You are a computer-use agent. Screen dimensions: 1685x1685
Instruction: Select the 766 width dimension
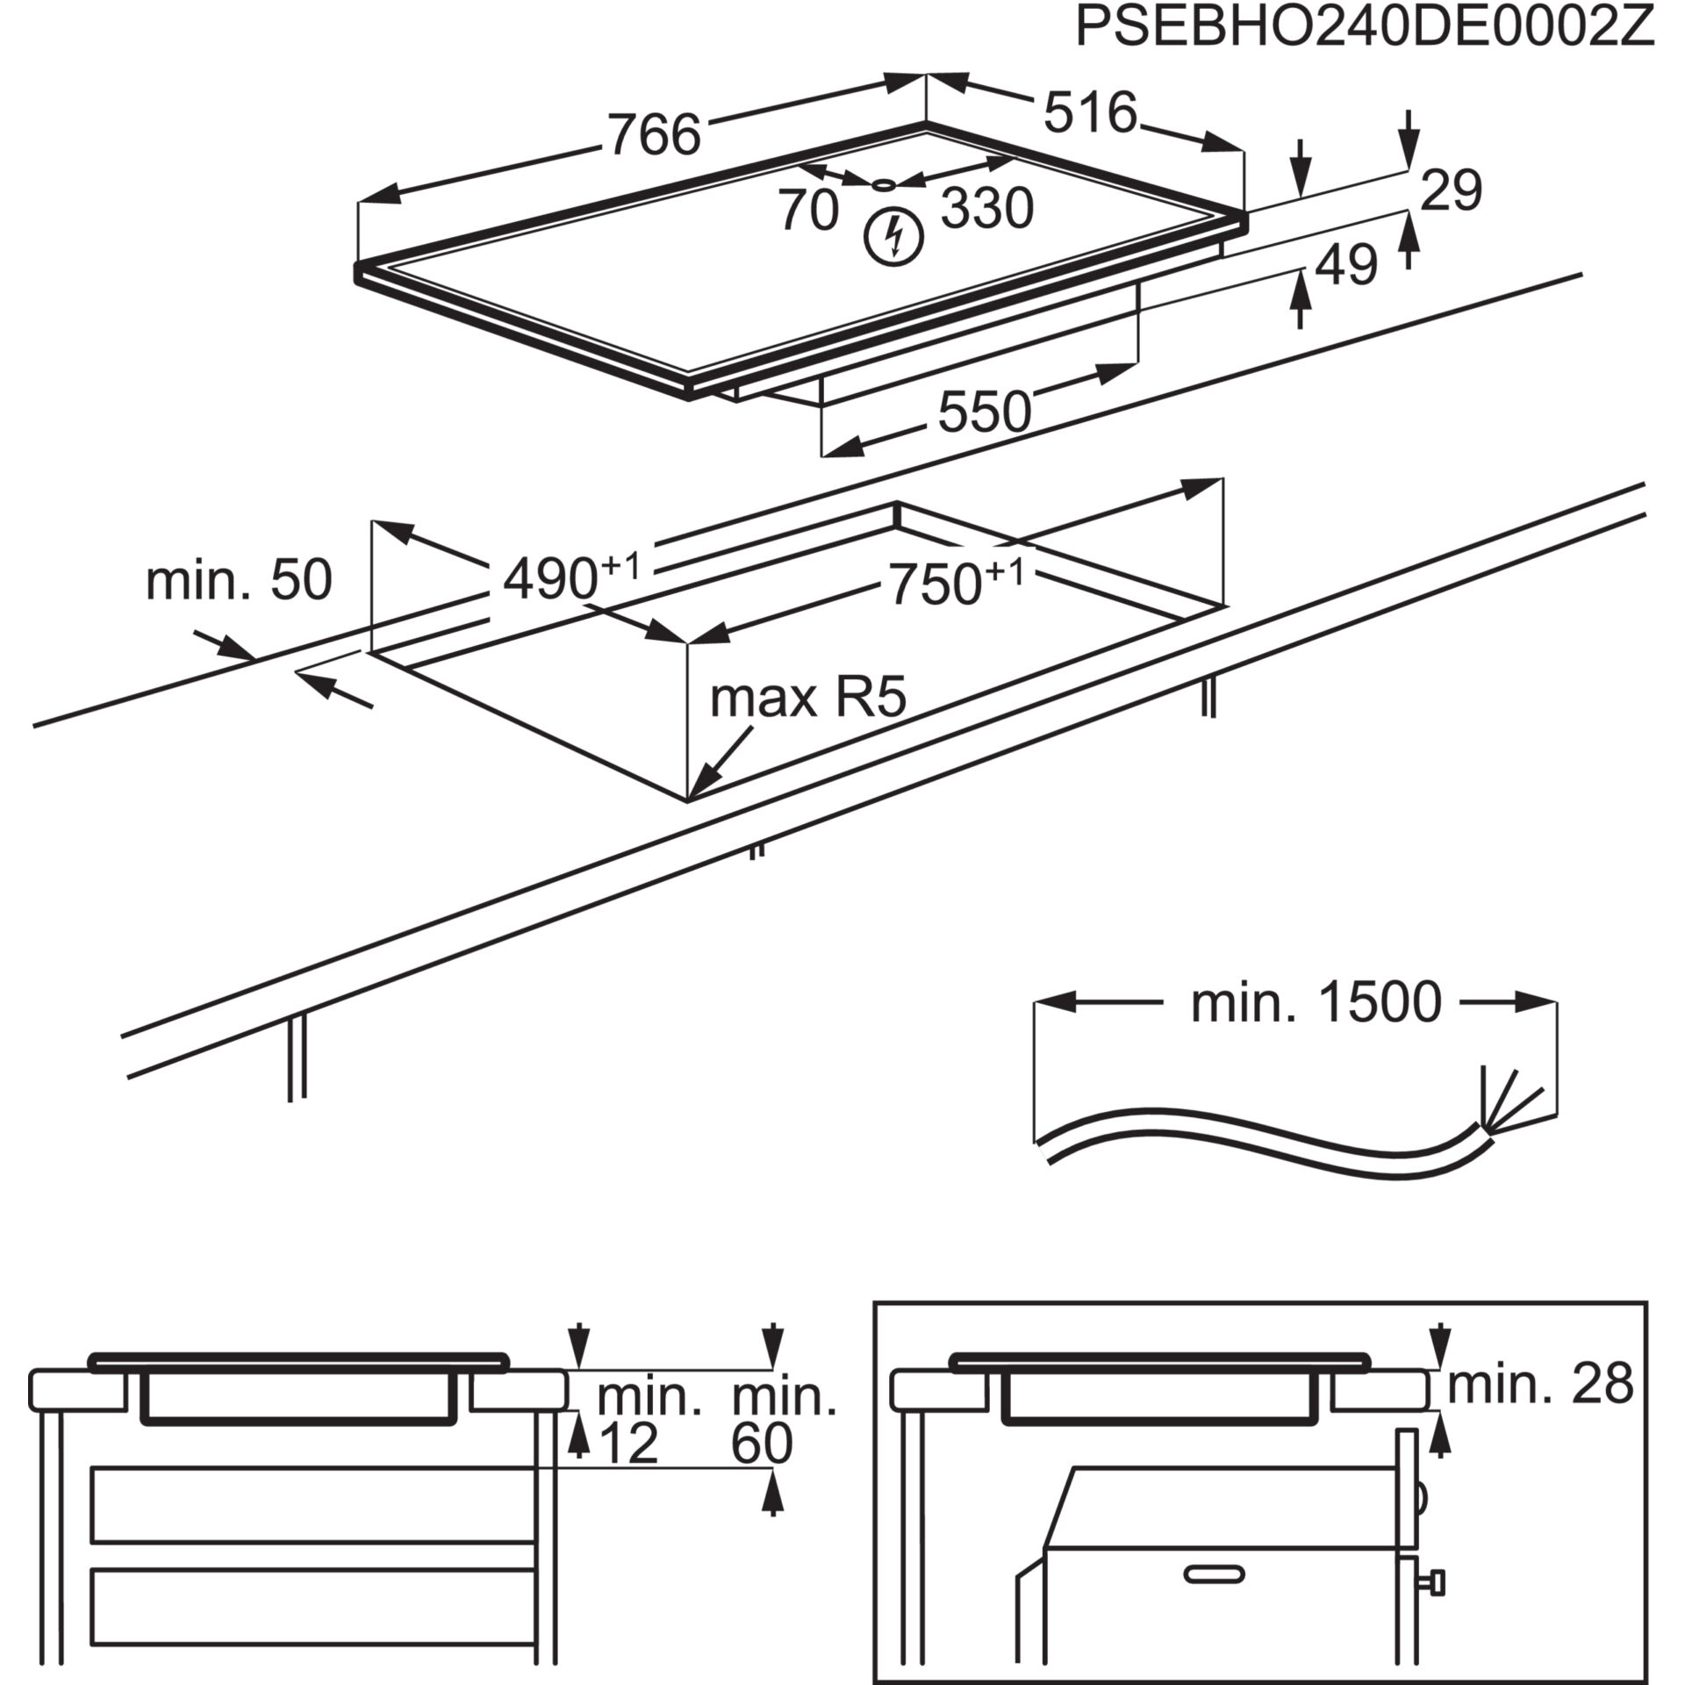click(655, 134)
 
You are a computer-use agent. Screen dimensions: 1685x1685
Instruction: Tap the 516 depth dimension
click(1090, 112)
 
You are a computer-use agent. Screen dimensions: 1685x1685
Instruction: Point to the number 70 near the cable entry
click(808, 212)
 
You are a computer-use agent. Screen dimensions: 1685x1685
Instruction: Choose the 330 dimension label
click(987, 209)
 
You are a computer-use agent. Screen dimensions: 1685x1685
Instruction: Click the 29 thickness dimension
click(1452, 190)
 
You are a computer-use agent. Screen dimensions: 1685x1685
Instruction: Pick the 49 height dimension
click(1347, 264)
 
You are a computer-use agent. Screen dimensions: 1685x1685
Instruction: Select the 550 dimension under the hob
click(985, 412)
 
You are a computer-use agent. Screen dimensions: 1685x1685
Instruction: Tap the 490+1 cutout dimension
click(571, 577)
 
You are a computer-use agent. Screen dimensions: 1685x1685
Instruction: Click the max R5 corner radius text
click(807, 699)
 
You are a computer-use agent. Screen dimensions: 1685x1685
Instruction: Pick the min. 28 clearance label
click(1540, 1383)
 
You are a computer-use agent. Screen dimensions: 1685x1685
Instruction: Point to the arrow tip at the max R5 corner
click(693, 795)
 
